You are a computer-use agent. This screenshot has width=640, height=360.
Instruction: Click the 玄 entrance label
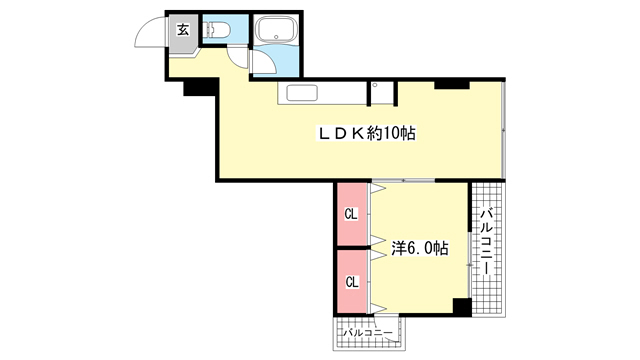pyautogui.click(x=183, y=29)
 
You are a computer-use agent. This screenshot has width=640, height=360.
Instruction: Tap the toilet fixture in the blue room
pyautogui.click(x=217, y=30)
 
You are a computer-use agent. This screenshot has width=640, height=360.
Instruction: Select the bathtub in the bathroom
pyautogui.click(x=276, y=29)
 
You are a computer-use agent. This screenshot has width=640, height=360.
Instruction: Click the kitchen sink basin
pyautogui.click(x=302, y=93)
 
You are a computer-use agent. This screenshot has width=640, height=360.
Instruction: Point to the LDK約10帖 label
pyautogui.click(x=367, y=133)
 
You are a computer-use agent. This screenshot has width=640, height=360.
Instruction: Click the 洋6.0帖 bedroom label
pyautogui.click(x=420, y=248)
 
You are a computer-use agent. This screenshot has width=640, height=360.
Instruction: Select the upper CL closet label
pyautogui.click(x=351, y=214)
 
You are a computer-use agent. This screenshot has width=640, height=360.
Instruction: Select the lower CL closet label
pyautogui.click(x=352, y=282)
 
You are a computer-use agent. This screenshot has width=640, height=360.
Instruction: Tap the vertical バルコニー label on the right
pyautogui.click(x=486, y=242)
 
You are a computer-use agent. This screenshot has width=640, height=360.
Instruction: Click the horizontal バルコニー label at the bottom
pyautogui.click(x=368, y=333)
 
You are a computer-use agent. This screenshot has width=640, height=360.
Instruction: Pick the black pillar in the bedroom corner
pyautogui.click(x=462, y=307)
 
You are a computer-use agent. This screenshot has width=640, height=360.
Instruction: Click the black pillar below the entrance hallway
pyautogui.click(x=200, y=87)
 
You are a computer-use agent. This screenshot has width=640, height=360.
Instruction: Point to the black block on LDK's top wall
pyautogui.click(x=452, y=84)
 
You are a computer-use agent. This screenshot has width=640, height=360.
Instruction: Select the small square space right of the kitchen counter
pyautogui.click(x=382, y=93)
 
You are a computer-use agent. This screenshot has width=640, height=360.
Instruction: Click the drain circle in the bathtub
pyautogui.click(x=276, y=37)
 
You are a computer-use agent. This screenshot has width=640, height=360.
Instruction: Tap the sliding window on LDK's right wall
pyautogui.click(x=503, y=129)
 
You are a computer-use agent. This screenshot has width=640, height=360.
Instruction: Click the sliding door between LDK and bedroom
pyautogui.click(x=403, y=180)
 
